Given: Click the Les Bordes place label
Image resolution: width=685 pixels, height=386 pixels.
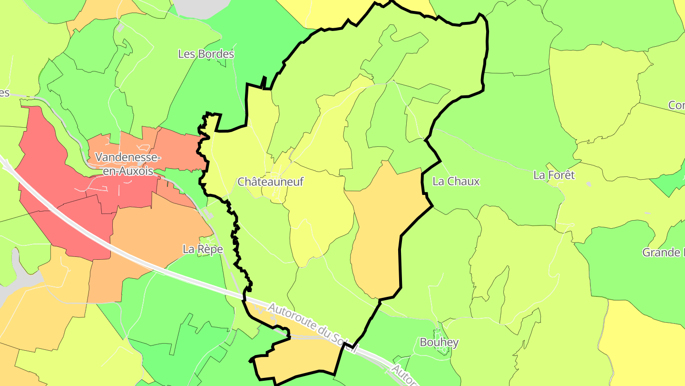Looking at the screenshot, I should [x=206, y=54].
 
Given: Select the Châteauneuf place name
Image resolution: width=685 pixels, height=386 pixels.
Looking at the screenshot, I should [x=270, y=182].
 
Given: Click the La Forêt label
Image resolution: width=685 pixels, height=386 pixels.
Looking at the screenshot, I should [x=554, y=175].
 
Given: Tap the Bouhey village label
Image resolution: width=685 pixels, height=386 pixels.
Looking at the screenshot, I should [x=439, y=342].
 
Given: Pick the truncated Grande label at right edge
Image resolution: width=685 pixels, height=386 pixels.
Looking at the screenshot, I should [x=663, y=252].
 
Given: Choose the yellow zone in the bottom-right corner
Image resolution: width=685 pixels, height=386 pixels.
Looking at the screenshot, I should [x=642, y=343].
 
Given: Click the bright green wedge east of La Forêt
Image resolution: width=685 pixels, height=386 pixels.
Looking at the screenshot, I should [x=668, y=183].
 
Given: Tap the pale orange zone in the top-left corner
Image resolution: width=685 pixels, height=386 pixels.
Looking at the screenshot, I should [x=100, y=12].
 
